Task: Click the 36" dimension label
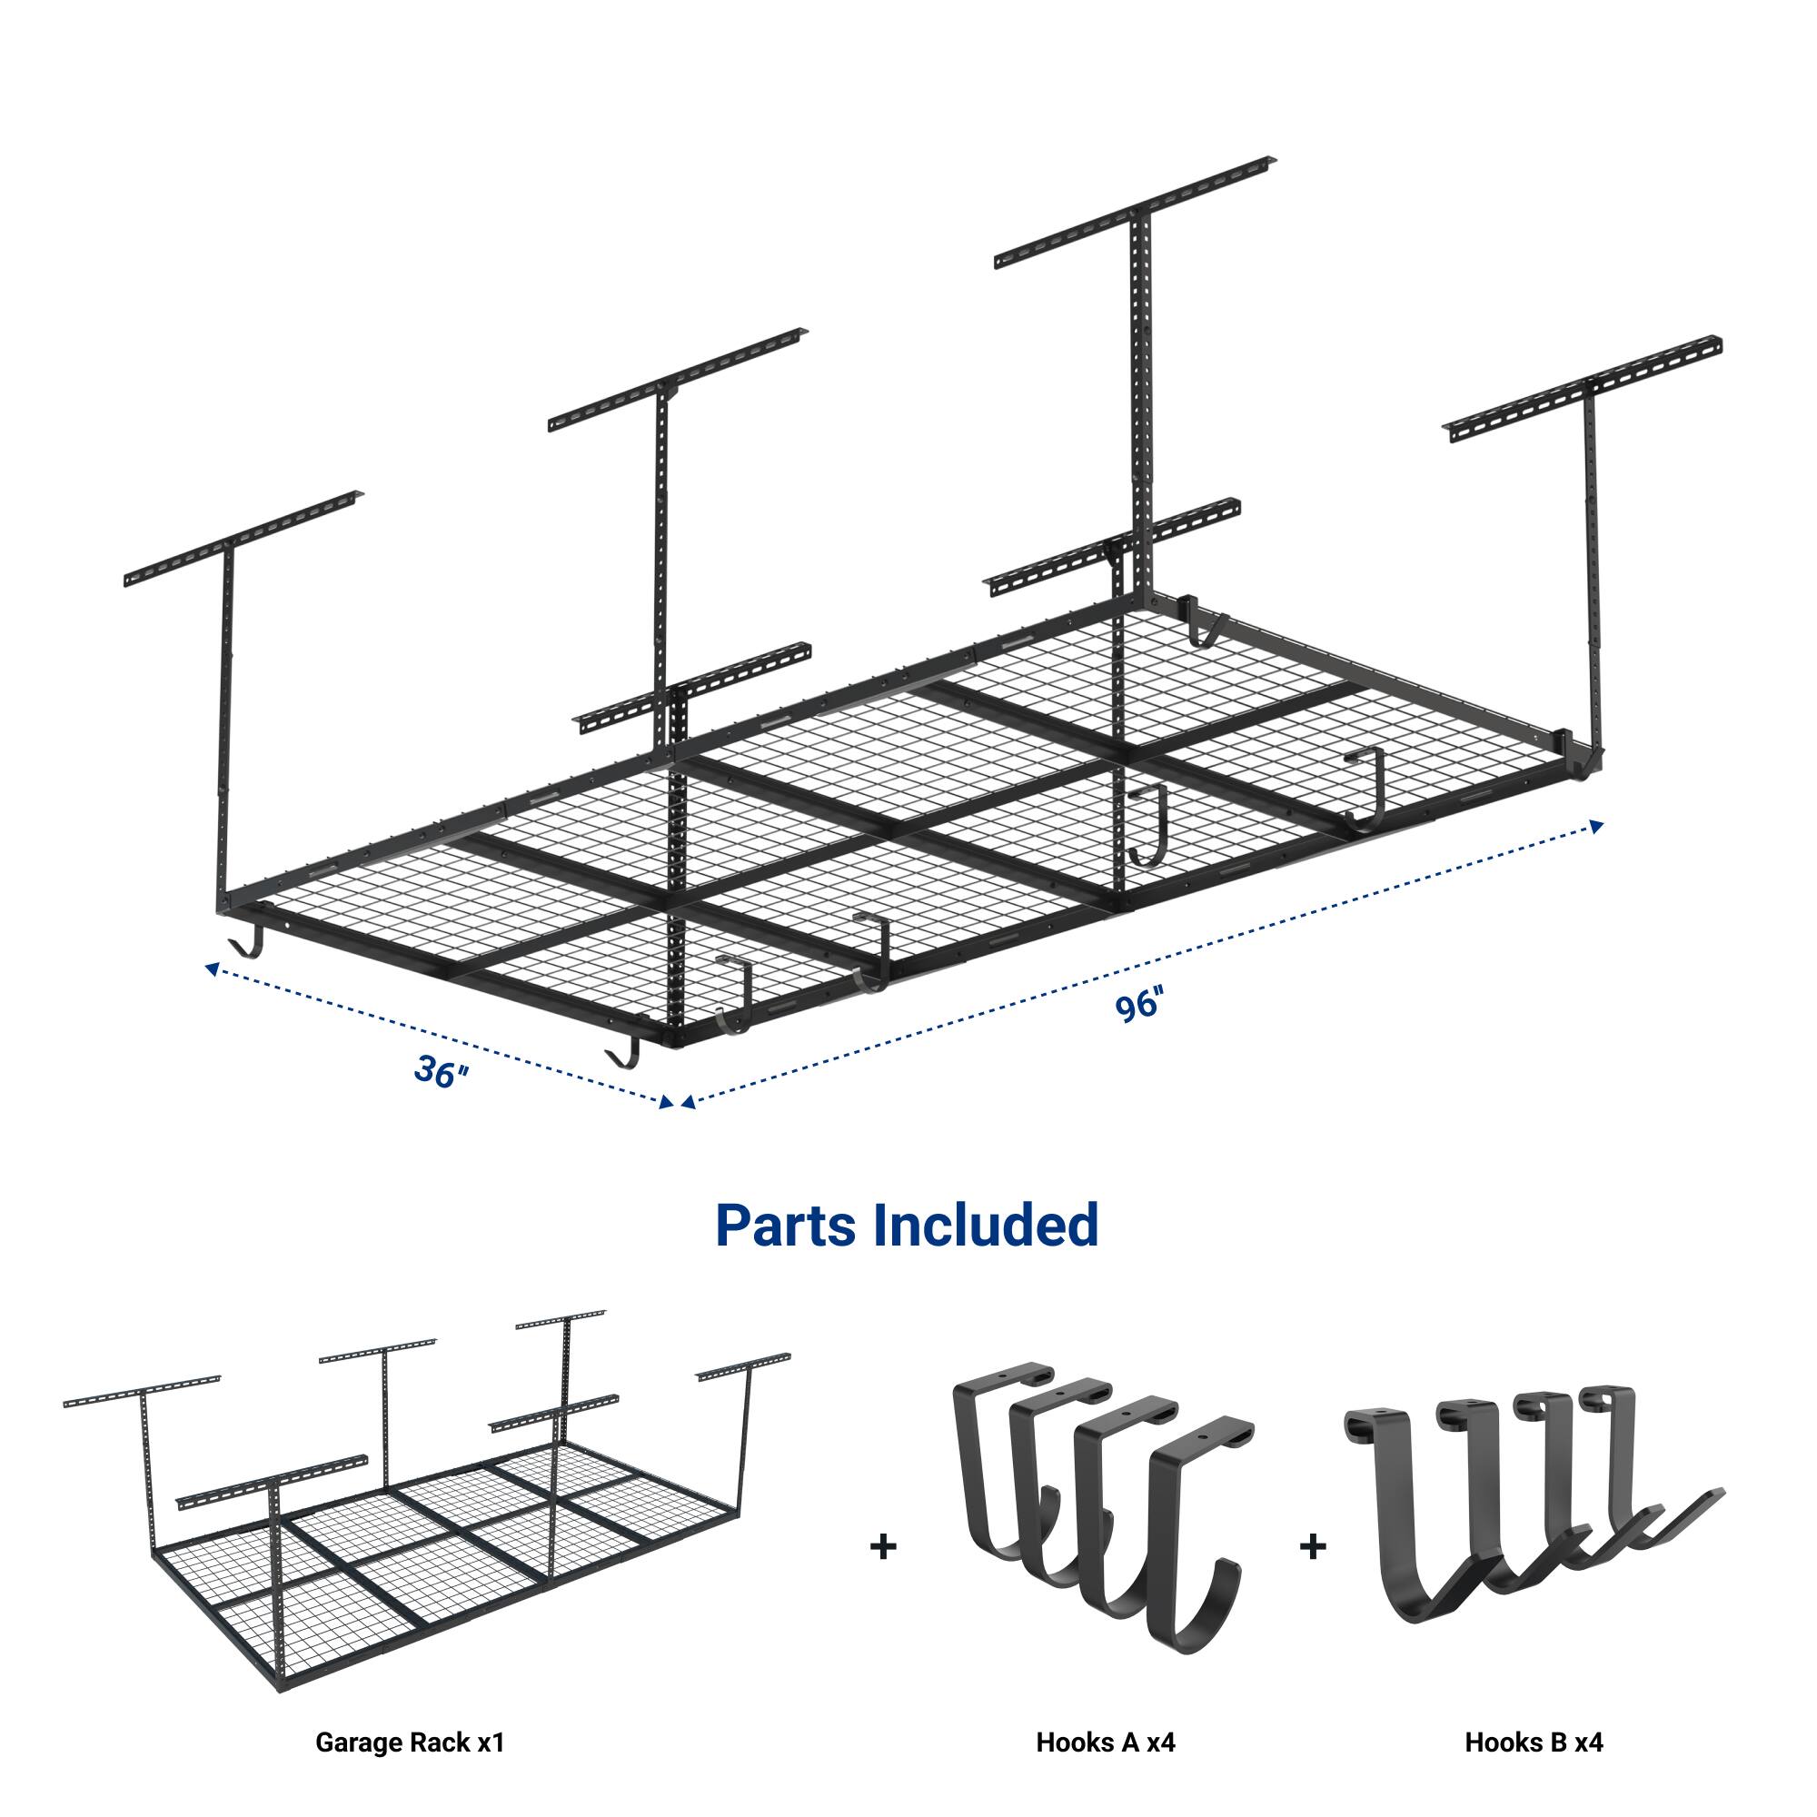pos(440,1072)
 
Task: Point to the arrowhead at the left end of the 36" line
pos(213,967)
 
